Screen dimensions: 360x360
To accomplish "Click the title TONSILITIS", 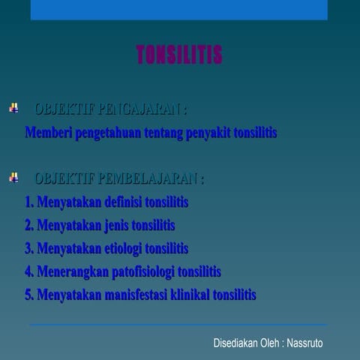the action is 179,55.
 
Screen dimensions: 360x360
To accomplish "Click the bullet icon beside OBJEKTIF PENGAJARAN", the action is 13,109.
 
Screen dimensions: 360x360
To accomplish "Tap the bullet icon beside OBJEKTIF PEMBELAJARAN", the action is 13,178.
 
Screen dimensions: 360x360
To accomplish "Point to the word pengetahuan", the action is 106,133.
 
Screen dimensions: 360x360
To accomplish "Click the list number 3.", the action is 28,248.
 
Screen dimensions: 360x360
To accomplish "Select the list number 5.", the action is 28,295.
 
